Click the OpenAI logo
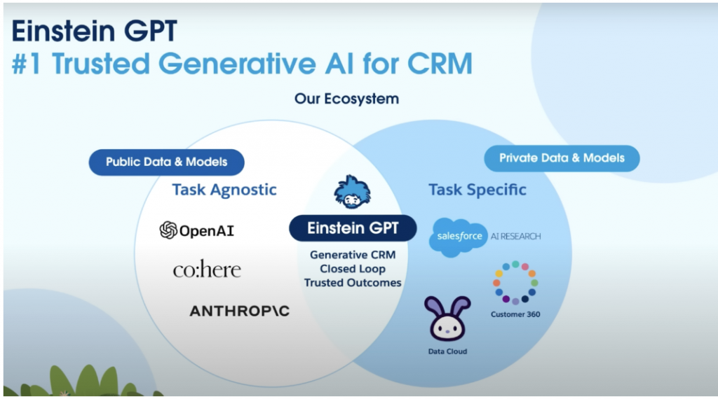(x=197, y=230)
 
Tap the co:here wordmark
(x=207, y=269)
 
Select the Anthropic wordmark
(x=240, y=311)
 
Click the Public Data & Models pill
(x=167, y=162)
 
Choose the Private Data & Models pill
(x=562, y=158)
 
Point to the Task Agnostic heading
(x=224, y=190)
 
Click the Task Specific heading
(x=477, y=190)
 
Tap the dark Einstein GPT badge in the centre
(x=353, y=228)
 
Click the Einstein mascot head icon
(x=352, y=192)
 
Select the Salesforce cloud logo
(x=458, y=237)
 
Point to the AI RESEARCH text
(x=515, y=237)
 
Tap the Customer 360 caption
(x=515, y=314)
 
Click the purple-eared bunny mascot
(x=447, y=318)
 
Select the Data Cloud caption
(x=447, y=351)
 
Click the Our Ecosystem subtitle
(x=346, y=99)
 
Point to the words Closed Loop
(x=353, y=269)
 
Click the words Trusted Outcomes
(x=353, y=283)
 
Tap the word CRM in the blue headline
(x=440, y=63)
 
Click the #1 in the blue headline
(x=27, y=63)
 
